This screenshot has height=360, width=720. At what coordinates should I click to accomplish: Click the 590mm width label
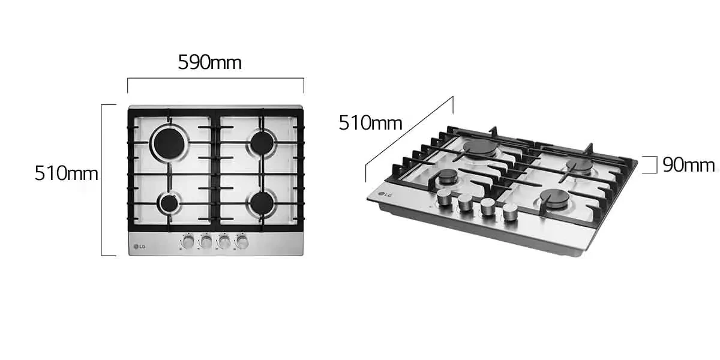click(x=209, y=62)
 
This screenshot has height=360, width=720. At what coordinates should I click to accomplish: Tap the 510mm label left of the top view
click(x=66, y=173)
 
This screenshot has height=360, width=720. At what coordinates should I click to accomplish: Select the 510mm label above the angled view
click(x=370, y=123)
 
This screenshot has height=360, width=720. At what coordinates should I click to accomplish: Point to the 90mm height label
click(x=689, y=165)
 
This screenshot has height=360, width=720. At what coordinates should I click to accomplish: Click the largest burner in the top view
click(x=169, y=143)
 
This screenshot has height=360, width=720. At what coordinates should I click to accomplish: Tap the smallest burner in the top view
click(x=169, y=203)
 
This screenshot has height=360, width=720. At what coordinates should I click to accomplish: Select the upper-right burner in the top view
click(x=262, y=143)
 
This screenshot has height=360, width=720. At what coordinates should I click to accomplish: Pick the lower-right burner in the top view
click(x=262, y=203)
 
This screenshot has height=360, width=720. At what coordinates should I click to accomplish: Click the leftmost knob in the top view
click(x=188, y=241)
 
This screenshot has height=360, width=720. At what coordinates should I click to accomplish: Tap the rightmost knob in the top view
click(x=242, y=241)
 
